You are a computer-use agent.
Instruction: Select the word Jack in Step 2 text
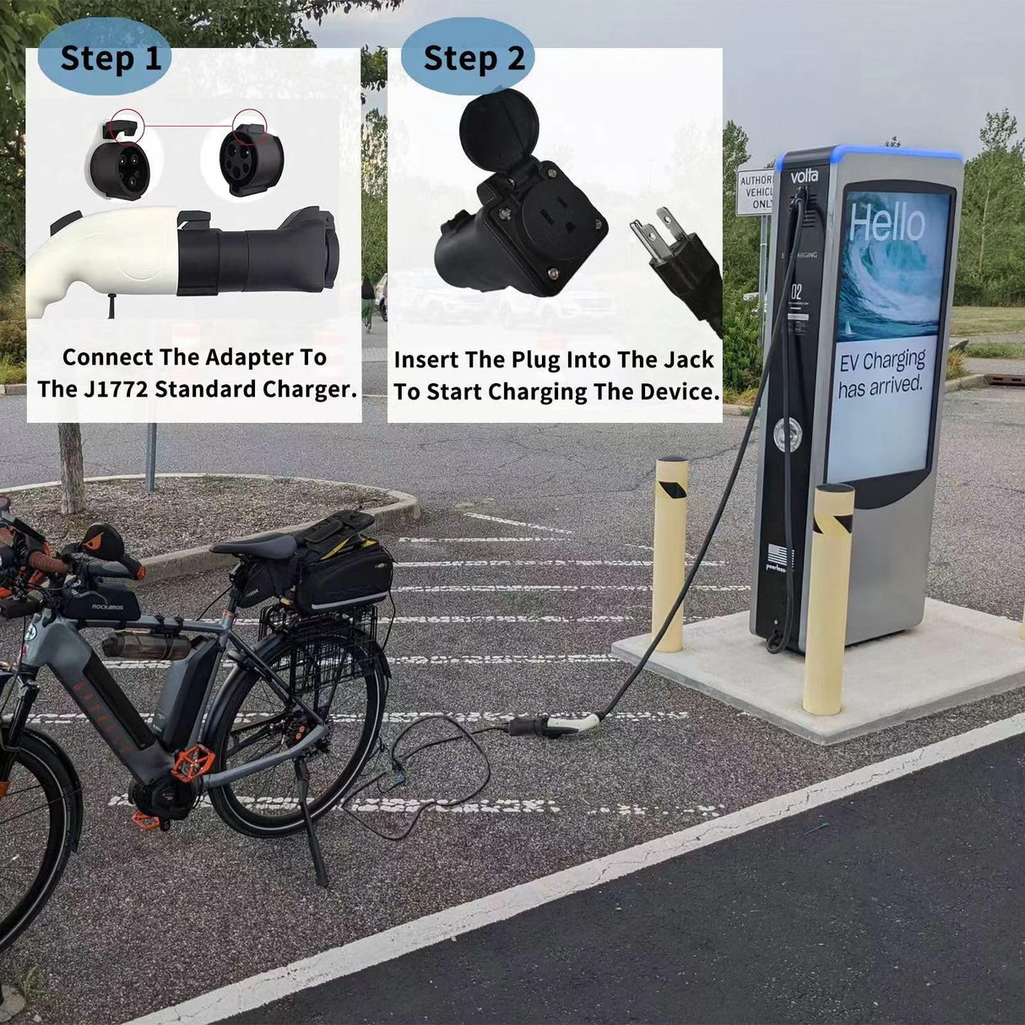click(690, 360)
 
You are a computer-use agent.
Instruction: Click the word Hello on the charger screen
click(887, 223)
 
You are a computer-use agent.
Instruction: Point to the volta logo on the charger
click(804, 176)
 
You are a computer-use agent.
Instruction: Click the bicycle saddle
click(253, 544)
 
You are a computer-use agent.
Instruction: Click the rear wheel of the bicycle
click(300, 735)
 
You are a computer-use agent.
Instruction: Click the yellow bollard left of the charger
click(670, 553)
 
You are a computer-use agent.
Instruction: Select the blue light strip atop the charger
click(870, 153)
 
